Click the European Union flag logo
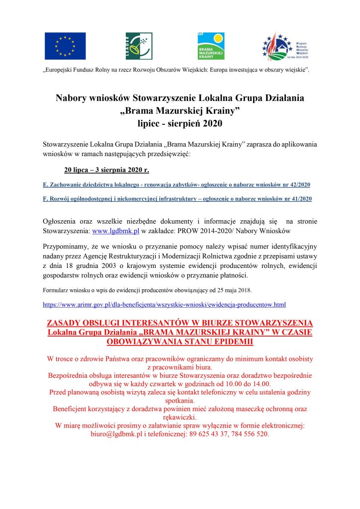tap(65, 46)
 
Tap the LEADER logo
tap(139, 46)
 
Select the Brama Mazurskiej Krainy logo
tap(211, 46)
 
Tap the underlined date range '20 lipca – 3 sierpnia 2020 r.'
tap(106, 170)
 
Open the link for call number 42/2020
tap(177, 185)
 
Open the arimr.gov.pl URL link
tap(164, 304)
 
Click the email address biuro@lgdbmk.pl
tap(117, 434)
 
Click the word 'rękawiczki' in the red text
tap(180, 418)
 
